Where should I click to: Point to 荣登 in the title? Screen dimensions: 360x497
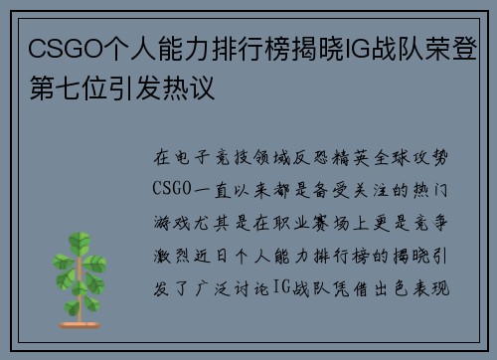point(446,48)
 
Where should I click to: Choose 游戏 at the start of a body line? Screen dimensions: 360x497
point(168,216)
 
